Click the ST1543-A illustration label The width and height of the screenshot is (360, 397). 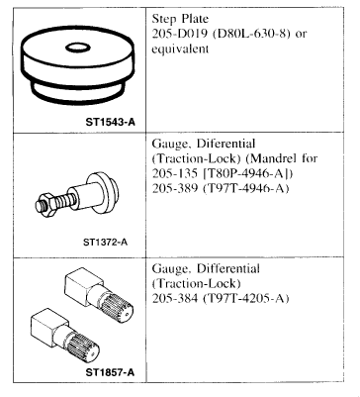pyautogui.click(x=111, y=122)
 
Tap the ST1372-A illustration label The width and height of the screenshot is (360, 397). pyautogui.click(x=105, y=243)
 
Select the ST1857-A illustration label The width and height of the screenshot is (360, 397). pyautogui.click(x=110, y=372)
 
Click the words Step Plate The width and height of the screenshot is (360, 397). pyautogui.click(x=180, y=19)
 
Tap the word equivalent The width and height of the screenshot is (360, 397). pyautogui.click(x=180, y=50)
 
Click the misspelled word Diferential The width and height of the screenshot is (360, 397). pyautogui.click(x=225, y=144)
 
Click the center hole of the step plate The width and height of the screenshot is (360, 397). pyautogui.click(x=78, y=48)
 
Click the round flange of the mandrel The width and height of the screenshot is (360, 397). pyautogui.click(x=103, y=193)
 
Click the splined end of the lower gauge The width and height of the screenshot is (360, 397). pyautogui.click(x=84, y=349)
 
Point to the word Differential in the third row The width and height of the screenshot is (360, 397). pyautogui.click(x=228, y=268)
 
